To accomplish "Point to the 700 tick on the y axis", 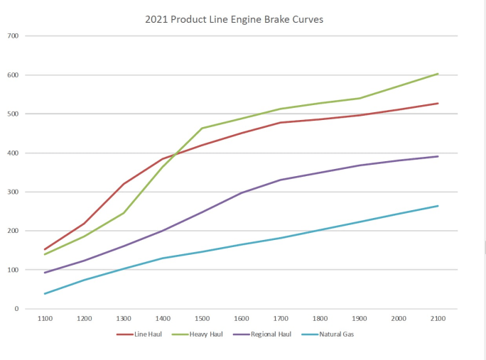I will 13,36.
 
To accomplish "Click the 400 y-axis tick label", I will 13,153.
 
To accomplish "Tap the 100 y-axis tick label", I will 13,271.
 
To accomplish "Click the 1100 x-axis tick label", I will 45,319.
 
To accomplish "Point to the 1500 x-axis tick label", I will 202,319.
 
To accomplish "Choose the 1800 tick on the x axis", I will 320,319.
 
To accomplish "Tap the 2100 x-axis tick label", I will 438,319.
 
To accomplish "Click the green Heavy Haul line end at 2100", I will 438,73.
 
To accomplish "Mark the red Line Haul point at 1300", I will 124,184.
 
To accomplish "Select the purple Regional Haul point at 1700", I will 281,180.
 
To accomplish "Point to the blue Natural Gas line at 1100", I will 45,294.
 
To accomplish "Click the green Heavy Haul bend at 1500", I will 202,129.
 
